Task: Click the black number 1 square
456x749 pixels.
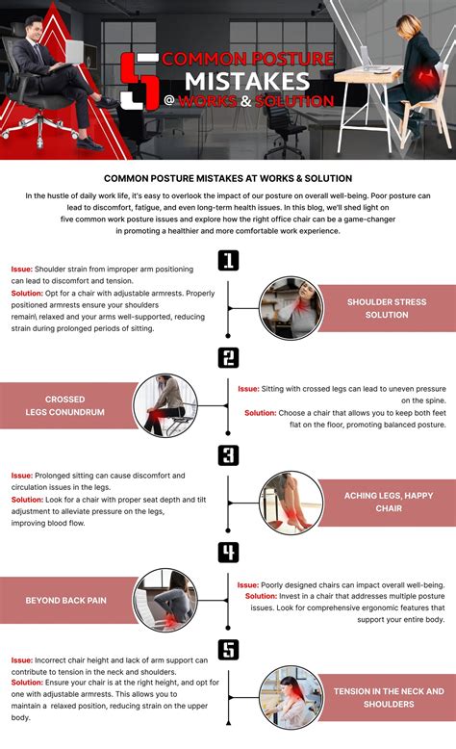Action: (x=228, y=260)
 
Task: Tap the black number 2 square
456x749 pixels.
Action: (x=228, y=358)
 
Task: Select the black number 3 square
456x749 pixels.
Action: (x=228, y=454)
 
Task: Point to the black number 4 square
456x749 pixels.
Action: (x=228, y=552)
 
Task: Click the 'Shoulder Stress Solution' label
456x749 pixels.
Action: (x=386, y=308)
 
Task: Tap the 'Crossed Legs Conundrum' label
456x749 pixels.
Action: (x=63, y=406)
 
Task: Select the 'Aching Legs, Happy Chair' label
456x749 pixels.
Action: (x=388, y=502)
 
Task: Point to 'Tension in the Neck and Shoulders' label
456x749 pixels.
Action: (x=388, y=697)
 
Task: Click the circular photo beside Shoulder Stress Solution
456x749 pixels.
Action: (x=289, y=308)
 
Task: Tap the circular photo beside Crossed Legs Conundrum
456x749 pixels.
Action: (x=164, y=405)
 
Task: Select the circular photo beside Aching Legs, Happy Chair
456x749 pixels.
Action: (x=289, y=502)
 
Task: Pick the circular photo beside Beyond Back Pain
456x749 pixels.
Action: (x=164, y=599)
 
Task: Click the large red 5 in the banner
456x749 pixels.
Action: (x=141, y=79)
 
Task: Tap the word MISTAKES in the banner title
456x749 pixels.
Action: (x=247, y=79)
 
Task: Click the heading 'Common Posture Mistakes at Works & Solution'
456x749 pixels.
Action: (x=228, y=178)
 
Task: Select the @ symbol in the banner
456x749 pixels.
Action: (x=170, y=100)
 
